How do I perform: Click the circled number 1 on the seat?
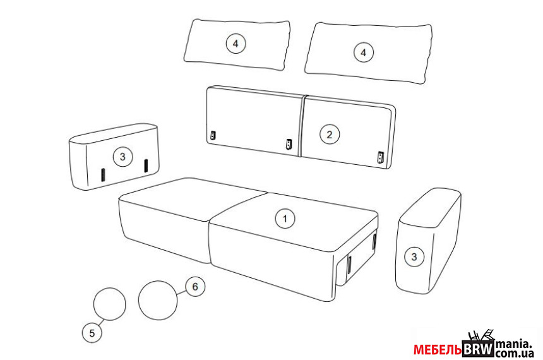[x=285, y=219]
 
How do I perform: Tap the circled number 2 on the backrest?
[x=330, y=134]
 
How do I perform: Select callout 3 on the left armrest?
[x=122, y=157]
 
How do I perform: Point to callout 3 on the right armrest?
[x=414, y=257]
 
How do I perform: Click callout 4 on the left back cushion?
[x=236, y=44]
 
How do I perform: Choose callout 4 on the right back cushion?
[x=363, y=52]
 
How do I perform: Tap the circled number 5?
[x=92, y=333]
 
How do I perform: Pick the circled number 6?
[x=195, y=287]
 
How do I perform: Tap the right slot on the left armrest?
[x=146, y=165]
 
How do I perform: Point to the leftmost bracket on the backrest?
[x=213, y=135]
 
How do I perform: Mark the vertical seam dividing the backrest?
[x=301, y=126]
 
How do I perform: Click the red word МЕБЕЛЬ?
[x=438, y=350]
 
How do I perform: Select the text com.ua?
[x=514, y=354]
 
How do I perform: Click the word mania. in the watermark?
[x=513, y=344]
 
